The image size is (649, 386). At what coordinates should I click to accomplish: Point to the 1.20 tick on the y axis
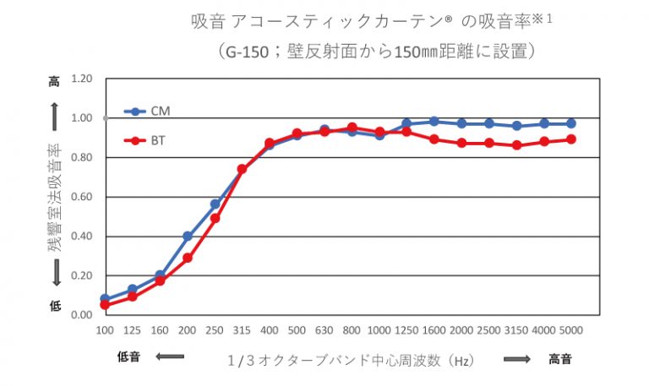click(x=81, y=79)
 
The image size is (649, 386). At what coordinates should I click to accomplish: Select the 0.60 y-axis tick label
click(x=81, y=197)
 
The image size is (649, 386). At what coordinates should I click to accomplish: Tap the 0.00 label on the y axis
click(x=81, y=315)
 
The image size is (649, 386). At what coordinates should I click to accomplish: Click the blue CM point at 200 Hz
click(x=188, y=236)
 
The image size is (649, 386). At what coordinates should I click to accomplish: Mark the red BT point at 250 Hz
click(x=215, y=218)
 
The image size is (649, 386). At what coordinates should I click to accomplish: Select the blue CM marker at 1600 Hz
click(x=434, y=122)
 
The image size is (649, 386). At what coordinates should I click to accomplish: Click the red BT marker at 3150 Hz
click(x=516, y=145)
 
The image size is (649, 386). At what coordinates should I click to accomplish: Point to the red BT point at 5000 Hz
click(x=571, y=139)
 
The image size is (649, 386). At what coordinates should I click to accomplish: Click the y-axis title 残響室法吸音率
click(x=55, y=197)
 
